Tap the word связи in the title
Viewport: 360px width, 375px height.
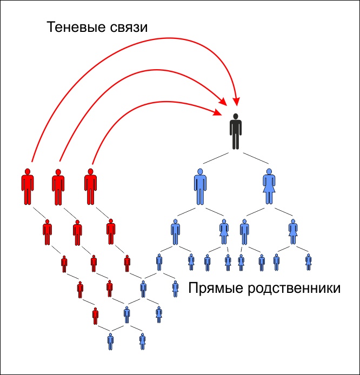click(x=128, y=28)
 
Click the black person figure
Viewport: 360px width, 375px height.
click(x=235, y=131)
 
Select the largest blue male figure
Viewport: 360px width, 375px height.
click(x=201, y=186)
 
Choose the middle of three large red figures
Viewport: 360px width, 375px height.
click(x=58, y=186)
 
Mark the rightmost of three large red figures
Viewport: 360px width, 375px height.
click(x=90, y=186)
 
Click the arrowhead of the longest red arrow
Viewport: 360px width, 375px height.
click(x=236, y=103)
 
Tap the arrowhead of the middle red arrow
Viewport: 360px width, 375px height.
click(x=224, y=102)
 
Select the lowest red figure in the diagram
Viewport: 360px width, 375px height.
click(x=95, y=315)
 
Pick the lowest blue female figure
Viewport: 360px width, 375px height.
click(x=143, y=341)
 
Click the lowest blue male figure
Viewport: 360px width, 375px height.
click(x=111, y=341)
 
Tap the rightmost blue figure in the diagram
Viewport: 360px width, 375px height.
click(x=309, y=262)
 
